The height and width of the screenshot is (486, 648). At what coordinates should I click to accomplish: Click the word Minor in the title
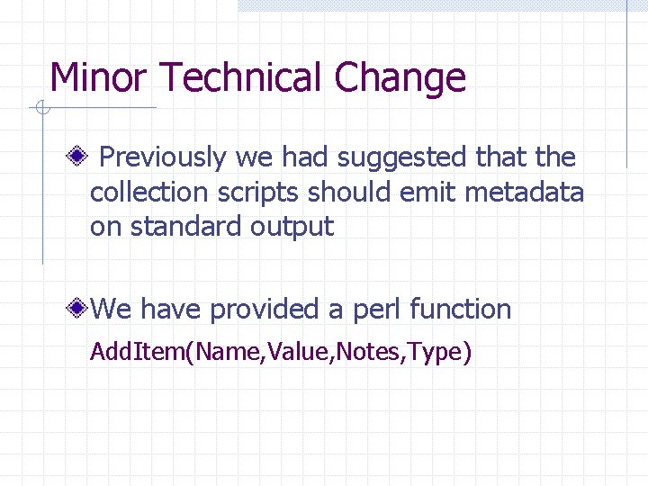click(x=98, y=78)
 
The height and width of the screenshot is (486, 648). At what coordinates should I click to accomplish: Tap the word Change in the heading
click(x=400, y=78)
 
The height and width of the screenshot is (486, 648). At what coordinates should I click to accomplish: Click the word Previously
click(x=162, y=157)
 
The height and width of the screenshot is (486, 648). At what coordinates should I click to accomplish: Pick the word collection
click(x=149, y=193)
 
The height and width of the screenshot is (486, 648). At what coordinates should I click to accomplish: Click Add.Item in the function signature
click(x=135, y=352)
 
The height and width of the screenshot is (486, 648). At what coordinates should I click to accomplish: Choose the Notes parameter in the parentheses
click(x=369, y=352)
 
